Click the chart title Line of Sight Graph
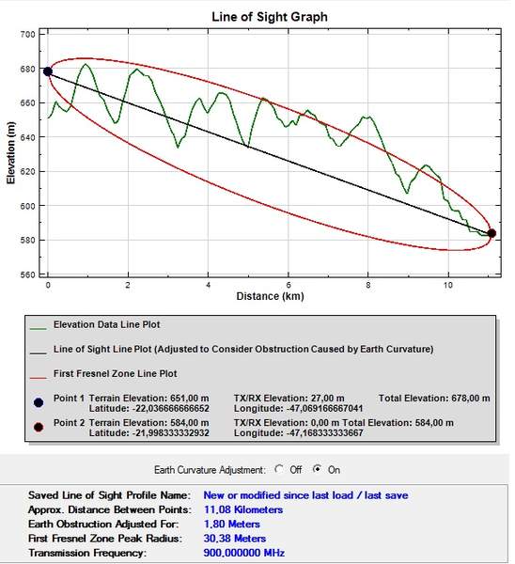point(270,17)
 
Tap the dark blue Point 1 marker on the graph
point(48,71)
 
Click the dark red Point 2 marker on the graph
point(492,233)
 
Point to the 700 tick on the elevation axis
point(27,35)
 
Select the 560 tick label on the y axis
point(27,274)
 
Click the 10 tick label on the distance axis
point(447,285)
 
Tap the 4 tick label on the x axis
point(208,285)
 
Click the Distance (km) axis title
point(270,296)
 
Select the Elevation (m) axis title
point(10,153)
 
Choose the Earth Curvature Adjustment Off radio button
point(279,469)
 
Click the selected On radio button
point(317,469)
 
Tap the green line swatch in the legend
point(39,328)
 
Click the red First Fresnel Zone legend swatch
point(39,378)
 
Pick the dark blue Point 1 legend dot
point(39,403)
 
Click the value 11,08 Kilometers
point(243,509)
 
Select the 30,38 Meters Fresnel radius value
point(235,539)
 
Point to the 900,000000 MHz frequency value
point(243,553)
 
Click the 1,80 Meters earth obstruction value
point(231,525)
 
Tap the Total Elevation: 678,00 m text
point(434,399)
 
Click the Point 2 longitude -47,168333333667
point(298,432)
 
